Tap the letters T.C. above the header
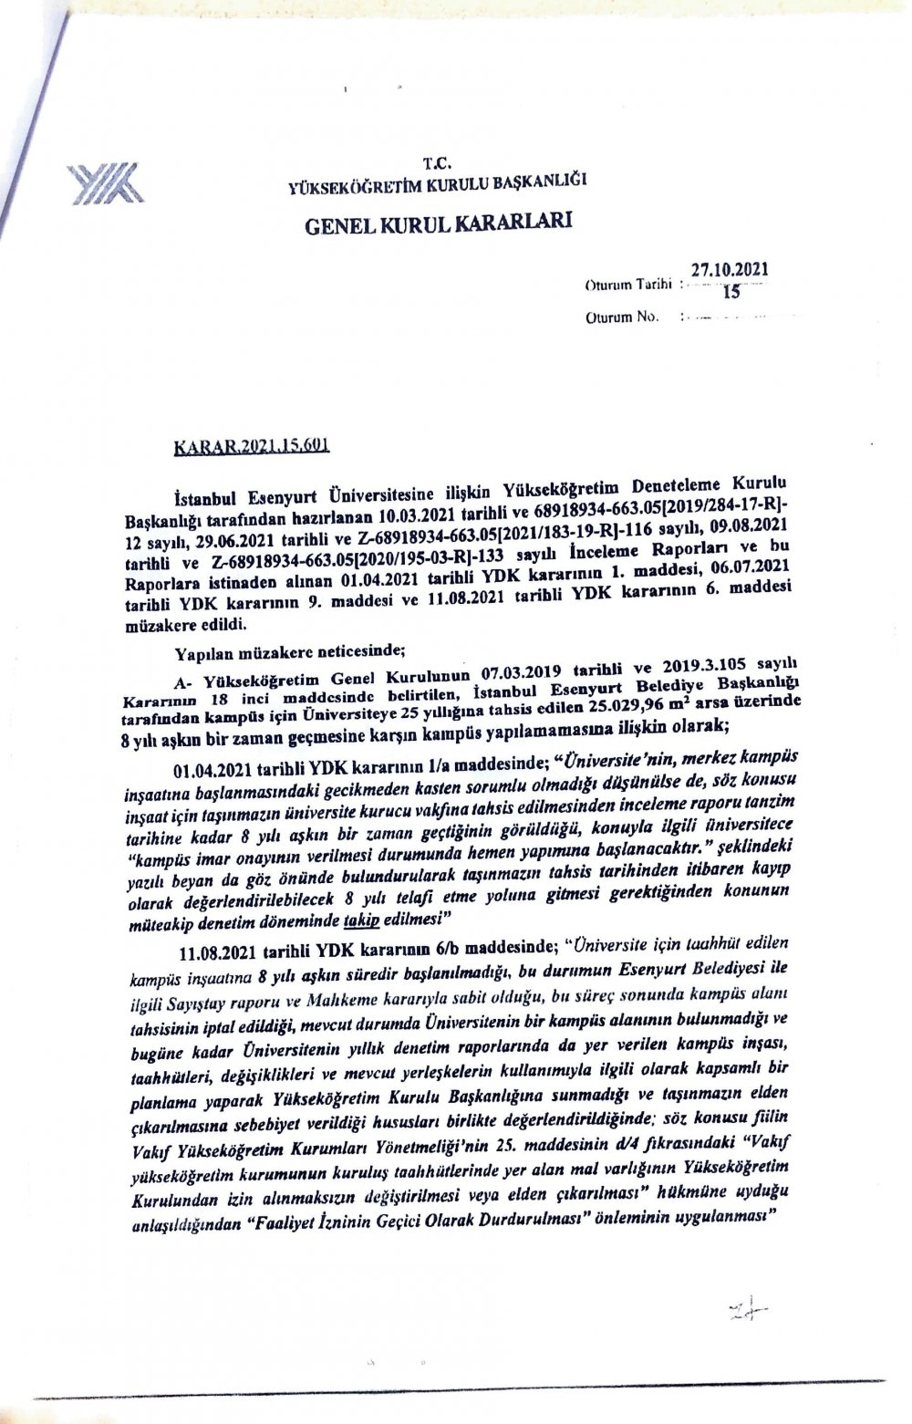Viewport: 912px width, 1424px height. (x=436, y=165)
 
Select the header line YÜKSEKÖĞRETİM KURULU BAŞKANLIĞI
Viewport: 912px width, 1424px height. (x=436, y=183)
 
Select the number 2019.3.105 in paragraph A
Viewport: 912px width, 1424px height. (x=709, y=670)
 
